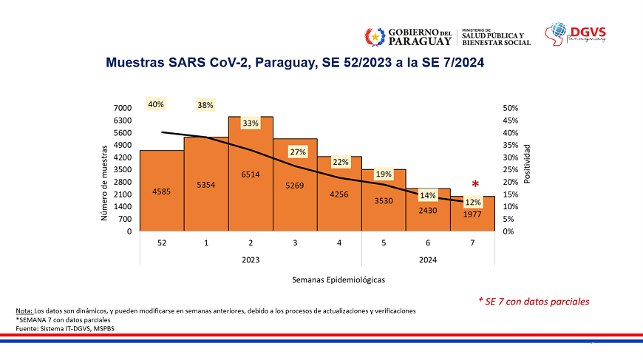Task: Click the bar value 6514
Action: click(251, 174)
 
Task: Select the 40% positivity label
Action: click(156, 105)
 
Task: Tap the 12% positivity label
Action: click(473, 202)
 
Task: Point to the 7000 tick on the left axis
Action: click(123, 108)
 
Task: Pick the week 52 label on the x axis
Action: click(162, 243)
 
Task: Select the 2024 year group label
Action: click(428, 259)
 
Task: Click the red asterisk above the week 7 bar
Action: click(475, 184)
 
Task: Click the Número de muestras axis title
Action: click(104, 182)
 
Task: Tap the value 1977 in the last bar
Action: click(472, 214)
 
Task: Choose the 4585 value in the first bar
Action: click(162, 191)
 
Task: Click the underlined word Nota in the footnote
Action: click(24, 310)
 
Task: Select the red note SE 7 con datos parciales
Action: click(534, 302)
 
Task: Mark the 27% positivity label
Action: click(298, 152)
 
